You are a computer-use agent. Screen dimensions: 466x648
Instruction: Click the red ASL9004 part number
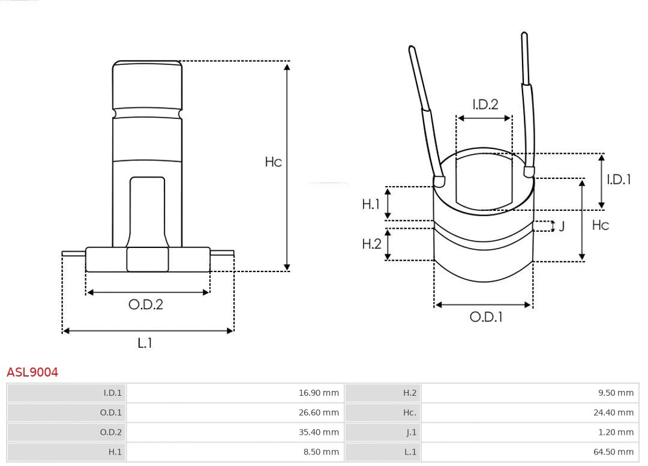click(x=32, y=372)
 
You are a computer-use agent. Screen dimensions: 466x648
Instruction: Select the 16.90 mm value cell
click(x=319, y=393)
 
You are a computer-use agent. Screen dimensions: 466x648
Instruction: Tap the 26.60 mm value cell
click(x=319, y=413)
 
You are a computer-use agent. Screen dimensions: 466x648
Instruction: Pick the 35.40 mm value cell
click(x=319, y=432)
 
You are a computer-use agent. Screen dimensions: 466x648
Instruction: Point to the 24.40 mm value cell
click(x=613, y=413)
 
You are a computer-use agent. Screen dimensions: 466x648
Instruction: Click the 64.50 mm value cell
click(x=613, y=452)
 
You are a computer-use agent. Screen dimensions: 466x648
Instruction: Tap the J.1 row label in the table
click(x=410, y=432)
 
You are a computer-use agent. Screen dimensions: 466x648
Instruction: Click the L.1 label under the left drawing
click(x=145, y=343)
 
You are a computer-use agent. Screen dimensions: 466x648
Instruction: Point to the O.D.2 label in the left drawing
click(x=145, y=304)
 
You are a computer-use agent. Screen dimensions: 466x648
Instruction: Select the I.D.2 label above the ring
click(x=485, y=104)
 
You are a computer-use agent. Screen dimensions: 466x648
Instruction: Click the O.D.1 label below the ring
click(x=485, y=317)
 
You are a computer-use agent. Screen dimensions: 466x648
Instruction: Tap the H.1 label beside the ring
click(x=371, y=205)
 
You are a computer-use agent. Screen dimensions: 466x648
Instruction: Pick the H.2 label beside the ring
click(x=371, y=244)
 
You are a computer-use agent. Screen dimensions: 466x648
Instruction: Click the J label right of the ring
click(x=562, y=226)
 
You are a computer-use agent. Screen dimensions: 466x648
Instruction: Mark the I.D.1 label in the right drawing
click(x=618, y=179)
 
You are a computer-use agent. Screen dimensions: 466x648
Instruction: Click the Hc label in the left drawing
click(x=273, y=162)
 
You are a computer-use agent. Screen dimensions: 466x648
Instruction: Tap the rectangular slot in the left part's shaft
click(x=147, y=210)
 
